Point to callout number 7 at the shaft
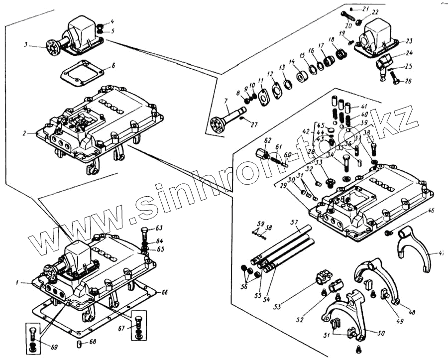(226, 101)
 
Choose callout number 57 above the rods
(294, 222)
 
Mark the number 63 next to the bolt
(159, 228)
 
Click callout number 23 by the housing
(409, 41)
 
